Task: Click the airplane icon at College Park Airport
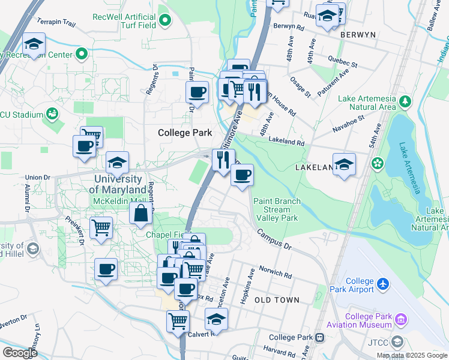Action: [384, 281]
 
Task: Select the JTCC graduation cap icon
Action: [396, 342]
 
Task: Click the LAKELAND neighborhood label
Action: [314, 169]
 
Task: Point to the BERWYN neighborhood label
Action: [358, 35]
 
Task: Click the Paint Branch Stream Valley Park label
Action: [276, 210]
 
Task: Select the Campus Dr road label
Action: [274, 239]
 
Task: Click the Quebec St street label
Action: [343, 61]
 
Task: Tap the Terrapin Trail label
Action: [56, 23]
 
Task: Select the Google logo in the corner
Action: [19, 353]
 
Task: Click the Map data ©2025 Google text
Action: [412, 355]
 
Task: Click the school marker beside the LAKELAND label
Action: [344, 164]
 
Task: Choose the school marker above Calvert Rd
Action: [216, 319]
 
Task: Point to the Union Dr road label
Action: [37, 178]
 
